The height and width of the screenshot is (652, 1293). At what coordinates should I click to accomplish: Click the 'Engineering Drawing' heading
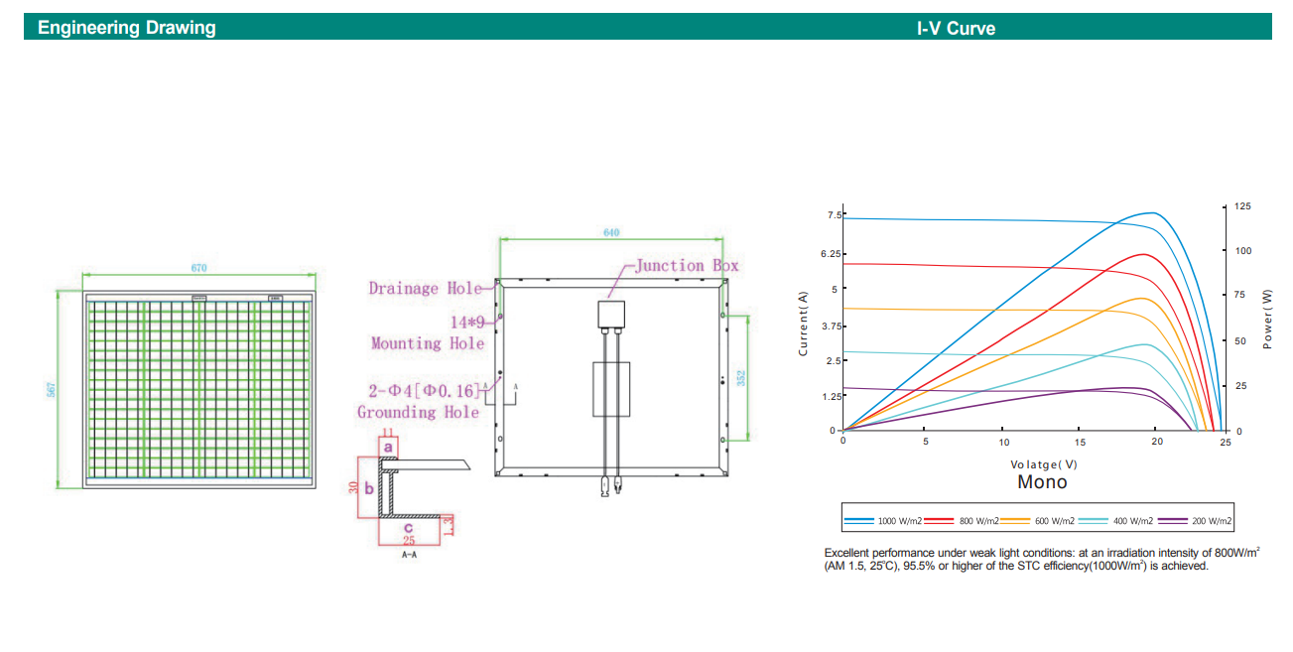pos(126,28)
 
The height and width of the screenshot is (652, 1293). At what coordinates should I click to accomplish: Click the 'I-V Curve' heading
pos(955,28)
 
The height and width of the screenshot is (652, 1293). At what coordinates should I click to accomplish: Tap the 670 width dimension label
pos(199,268)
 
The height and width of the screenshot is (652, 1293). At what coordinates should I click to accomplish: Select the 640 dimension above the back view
pos(611,232)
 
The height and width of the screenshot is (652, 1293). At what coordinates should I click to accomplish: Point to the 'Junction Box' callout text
pos(687,266)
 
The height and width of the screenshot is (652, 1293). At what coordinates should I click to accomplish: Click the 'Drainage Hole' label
pos(425,289)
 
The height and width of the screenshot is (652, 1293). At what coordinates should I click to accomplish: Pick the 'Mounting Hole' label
pos(428,343)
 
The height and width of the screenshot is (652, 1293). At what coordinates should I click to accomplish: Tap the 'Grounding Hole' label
pos(419,412)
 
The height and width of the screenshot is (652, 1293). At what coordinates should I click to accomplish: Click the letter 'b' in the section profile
pos(369,488)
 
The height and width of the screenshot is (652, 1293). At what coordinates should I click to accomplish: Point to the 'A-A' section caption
pos(409,556)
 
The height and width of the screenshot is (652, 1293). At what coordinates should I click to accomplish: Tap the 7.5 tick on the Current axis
pos(834,215)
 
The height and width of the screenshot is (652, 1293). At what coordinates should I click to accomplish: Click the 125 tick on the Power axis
pos(1243,206)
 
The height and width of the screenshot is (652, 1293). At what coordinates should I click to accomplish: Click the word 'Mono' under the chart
pos(1042,482)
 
